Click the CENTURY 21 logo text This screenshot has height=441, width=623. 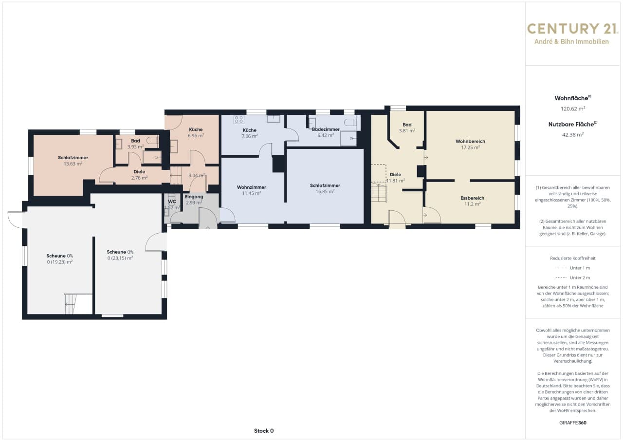[571, 29]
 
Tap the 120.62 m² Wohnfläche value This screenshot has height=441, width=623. [573, 109]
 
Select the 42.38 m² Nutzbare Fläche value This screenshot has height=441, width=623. [573, 134]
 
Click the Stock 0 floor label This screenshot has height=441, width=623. [264, 431]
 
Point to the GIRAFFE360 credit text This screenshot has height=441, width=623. [573, 423]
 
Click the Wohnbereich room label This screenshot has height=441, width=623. [470, 141]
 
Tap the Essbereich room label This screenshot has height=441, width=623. [472, 198]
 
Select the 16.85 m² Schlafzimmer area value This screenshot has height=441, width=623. [325, 192]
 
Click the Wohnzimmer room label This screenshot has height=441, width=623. [252, 187]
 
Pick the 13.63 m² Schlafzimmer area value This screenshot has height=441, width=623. [73, 164]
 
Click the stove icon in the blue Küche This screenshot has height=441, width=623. [239, 120]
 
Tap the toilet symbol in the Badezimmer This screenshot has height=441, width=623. [350, 122]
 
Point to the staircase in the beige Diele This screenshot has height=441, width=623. [379, 192]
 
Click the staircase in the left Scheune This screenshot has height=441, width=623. [71, 304]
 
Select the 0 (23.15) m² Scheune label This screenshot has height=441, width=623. [120, 258]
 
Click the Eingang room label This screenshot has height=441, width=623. [194, 197]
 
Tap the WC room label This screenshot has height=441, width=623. [172, 202]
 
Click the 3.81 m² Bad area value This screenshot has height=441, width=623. [407, 130]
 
